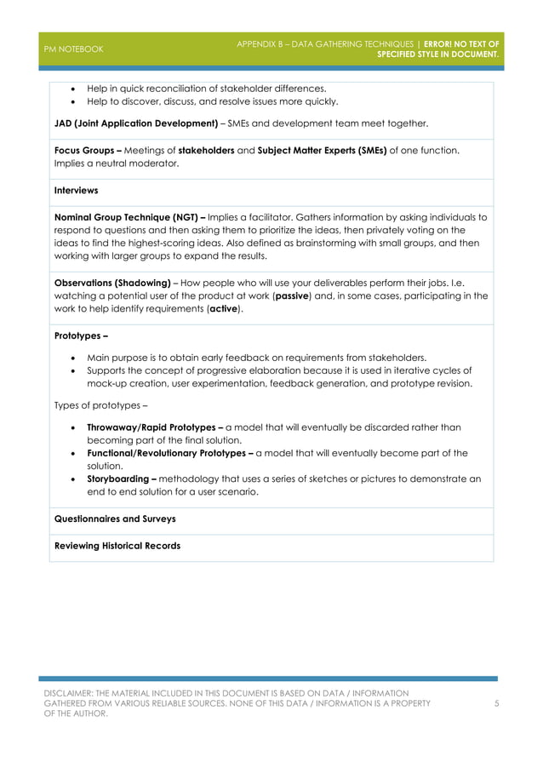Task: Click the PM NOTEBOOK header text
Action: pos(73,49)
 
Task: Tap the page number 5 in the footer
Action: pos(496,703)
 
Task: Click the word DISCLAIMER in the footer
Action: pos(72,694)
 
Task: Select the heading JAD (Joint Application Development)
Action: pos(135,123)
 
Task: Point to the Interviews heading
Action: pos(76,191)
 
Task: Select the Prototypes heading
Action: pos(75,336)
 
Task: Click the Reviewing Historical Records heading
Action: pos(117,546)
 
